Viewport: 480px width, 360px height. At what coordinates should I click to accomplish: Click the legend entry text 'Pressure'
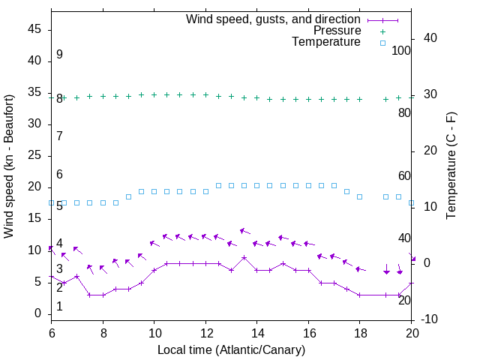coord(337,31)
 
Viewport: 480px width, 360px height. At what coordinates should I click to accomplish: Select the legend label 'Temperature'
coord(326,42)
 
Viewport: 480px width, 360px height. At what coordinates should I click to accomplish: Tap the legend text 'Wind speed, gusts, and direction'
coord(274,19)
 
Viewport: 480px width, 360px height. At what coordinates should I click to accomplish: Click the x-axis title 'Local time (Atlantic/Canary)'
coord(232,350)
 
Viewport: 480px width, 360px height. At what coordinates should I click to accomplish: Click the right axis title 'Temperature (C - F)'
coord(451,166)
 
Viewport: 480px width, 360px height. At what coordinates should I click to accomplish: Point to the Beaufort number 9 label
coord(59,55)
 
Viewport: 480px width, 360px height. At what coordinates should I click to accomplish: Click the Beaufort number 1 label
coord(59,306)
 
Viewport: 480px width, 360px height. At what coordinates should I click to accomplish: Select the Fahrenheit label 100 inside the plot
coord(402,51)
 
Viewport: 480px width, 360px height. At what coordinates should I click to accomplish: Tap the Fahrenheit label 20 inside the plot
coord(404,300)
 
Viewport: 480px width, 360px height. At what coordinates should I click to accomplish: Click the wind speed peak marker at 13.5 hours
coord(244,257)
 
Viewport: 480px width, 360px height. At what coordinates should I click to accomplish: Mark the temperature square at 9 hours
coord(128,196)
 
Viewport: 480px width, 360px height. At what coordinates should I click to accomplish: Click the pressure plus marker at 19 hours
coord(385,99)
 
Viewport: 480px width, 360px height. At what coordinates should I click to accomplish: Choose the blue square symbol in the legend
coord(382,43)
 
